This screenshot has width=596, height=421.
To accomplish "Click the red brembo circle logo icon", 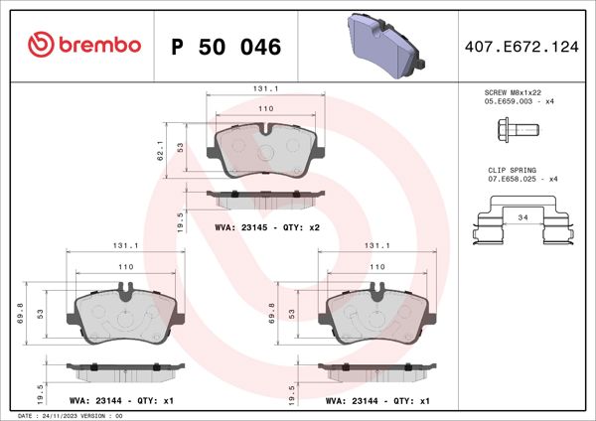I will click(x=39, y=46).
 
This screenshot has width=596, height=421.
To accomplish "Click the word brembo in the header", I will click(x=97, y=46).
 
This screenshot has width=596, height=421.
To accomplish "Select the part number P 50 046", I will click(x=226, y=47).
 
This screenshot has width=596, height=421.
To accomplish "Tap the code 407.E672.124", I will click(x=520, y=47).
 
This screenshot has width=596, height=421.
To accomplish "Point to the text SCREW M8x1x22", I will click(x=513, y=91).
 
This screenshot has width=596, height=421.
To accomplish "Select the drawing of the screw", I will click(x=513, y=130).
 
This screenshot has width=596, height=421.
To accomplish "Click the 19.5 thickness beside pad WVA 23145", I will click(x=179, y=220).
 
